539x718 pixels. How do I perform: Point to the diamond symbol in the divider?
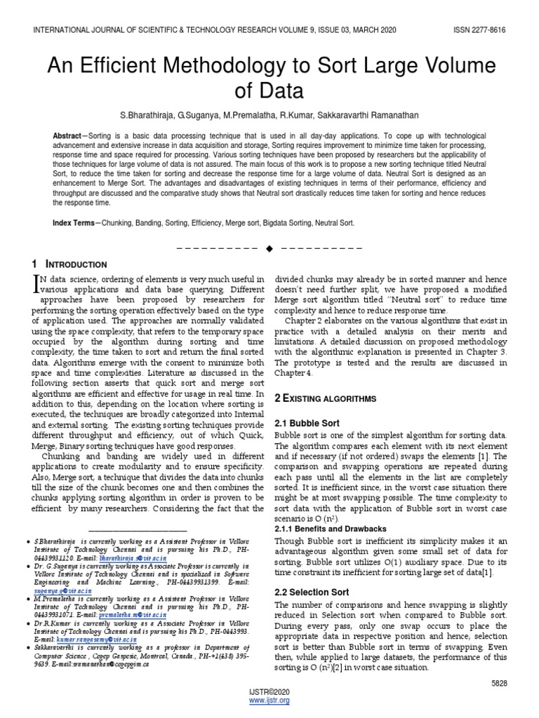(x=269, y=248)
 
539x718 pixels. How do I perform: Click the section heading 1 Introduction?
(x=69, y=264)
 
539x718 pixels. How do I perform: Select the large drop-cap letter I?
(x=38, y=282)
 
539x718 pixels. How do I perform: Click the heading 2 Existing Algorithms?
(x=325, y=398)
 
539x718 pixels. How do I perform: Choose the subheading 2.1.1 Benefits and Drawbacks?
(x=330, y=529)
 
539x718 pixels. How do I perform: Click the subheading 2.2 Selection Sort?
(x=311, y=592)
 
